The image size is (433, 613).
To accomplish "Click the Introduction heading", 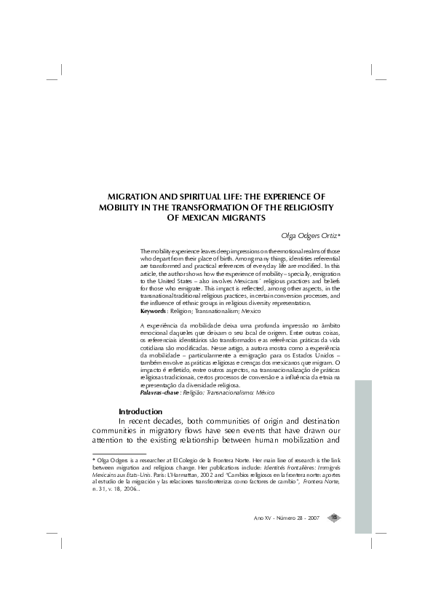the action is click(x=140, y=411).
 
